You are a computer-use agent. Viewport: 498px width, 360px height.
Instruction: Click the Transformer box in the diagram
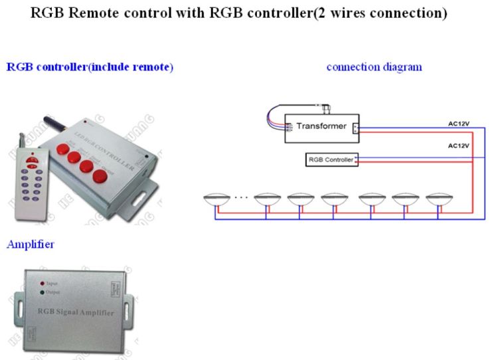tap(321, 126)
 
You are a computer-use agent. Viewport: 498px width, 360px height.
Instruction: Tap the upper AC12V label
tap(459, 123)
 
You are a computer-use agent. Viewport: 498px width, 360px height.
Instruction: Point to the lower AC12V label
tap(459, 145)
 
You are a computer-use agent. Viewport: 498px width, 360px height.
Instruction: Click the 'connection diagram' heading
tap(374, 67)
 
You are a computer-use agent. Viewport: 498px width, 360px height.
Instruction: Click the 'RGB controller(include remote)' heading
tap(90, 67)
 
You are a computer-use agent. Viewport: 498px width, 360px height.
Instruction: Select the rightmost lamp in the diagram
tap(439, 199)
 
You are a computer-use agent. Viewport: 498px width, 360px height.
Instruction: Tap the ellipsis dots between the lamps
tap(240, 197)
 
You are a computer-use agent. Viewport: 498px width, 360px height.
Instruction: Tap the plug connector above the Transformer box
tap(324, 106)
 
